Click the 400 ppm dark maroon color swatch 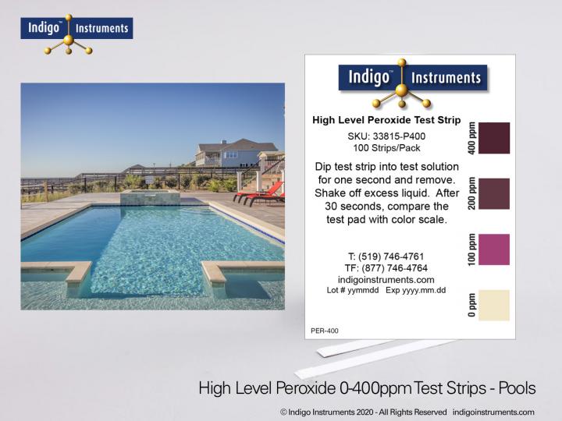493,138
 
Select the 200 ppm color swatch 493,193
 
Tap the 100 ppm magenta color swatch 493,249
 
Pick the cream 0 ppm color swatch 493,305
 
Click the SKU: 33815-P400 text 386,136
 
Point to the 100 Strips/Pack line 386,148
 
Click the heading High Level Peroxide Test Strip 386,120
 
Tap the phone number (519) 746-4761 386,256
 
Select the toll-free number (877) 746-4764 386,267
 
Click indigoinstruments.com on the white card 386,279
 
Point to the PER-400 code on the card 325,331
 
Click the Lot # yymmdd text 352,290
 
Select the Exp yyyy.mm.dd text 417,290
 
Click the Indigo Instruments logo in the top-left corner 76,31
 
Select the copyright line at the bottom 407,412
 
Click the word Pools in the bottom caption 515,387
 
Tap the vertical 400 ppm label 471,137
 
